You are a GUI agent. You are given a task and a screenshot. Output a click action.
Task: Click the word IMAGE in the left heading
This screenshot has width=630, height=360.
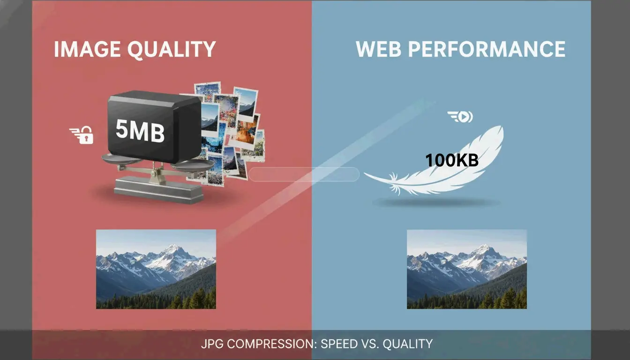pyautogui.click(x=84, y=49)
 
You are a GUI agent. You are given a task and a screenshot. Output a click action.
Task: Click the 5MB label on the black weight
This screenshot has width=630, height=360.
pyautogui.click(x=140, y=131)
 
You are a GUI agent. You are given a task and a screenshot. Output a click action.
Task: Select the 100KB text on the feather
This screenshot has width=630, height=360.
pyautogui.click(x=451, y=161)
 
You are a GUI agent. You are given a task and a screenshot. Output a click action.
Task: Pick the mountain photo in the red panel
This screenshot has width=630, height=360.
pyautogui.click(x=156, y=269)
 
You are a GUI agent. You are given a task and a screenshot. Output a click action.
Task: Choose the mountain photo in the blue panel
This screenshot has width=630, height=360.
pyautogui.click(x=466, y=269)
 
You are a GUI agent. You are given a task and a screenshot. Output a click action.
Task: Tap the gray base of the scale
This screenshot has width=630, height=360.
pyautogui.click(x=158, y=189)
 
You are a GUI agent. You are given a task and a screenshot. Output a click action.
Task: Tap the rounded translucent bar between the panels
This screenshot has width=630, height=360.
pyautogui.click(x=304, y=174)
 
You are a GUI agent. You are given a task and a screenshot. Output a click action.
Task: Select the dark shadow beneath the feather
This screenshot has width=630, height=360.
pyautogui.click(x=436, y=202)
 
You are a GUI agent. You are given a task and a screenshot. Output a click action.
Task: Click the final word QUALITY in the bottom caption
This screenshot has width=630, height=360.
pyautogui.click(x=407, y=344)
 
